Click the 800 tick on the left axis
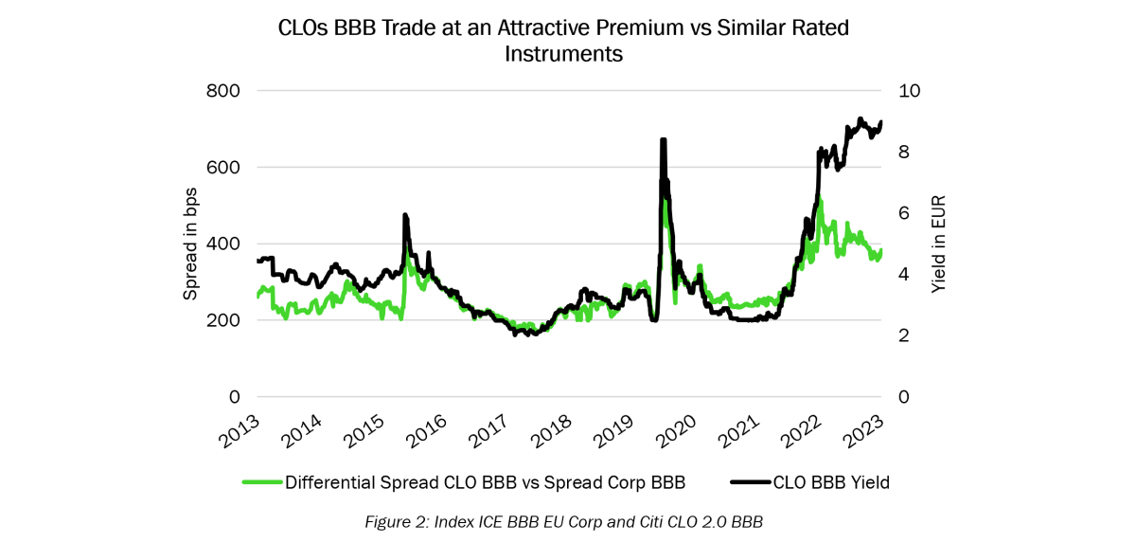(x=223, y=91)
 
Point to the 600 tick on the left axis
(x=223, y=168)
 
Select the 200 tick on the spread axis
(x=223, y=320)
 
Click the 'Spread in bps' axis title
(x=190, y=244)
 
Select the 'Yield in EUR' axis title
(x=938, y=244)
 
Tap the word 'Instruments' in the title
(x=563, y=54)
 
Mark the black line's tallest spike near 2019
(x=663, y=140)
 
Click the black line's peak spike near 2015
(x=405, y=216)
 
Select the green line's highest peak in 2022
(x=820, y=201)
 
